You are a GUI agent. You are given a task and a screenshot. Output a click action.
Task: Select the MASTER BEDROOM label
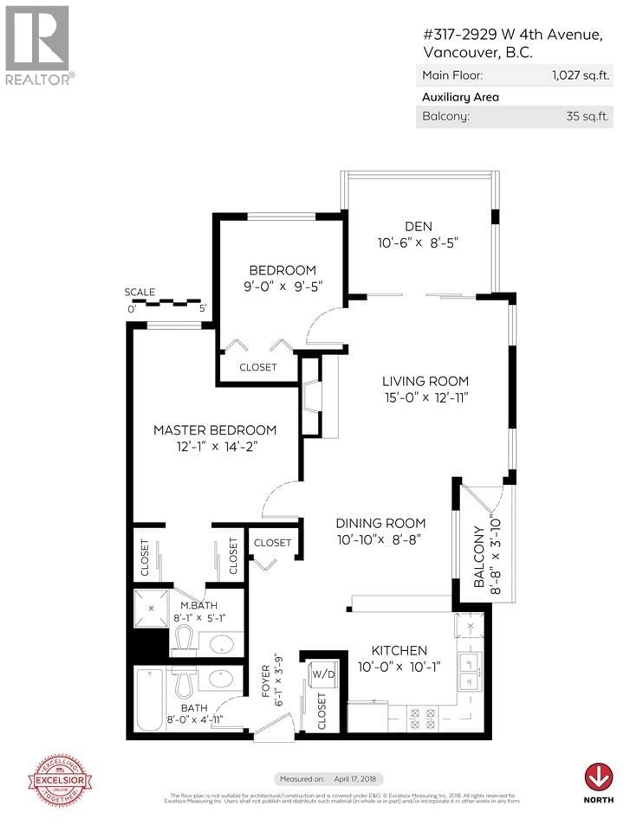tap(215, 430)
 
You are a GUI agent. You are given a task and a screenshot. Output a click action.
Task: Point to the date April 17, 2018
tap(355, 779)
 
